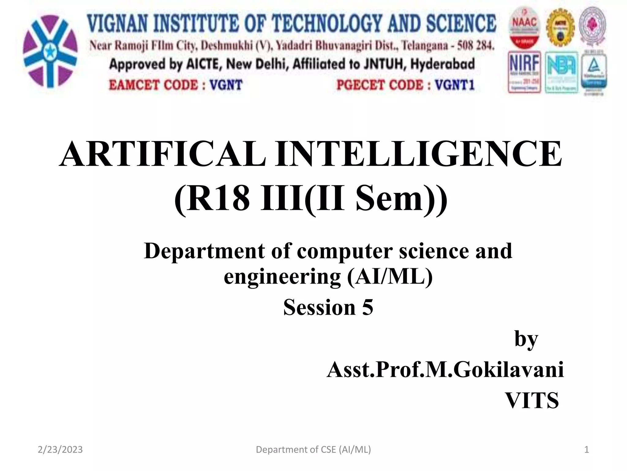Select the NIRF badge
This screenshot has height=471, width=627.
click(x=524, y=72)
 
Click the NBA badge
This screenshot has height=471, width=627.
click(x=561, y=72)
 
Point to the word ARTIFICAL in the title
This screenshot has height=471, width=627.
click(x=162, y=154)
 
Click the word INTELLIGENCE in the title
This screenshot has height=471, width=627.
click(x=418, y=154)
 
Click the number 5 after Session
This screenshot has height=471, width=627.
click(x=367, y=308)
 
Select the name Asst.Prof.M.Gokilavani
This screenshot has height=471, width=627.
click(x=445, y=370)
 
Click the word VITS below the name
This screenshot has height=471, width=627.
click(x=532, y=400)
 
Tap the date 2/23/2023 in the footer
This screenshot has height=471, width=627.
click(x=60, y=450)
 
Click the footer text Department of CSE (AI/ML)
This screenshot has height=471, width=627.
click(x=313, y=450)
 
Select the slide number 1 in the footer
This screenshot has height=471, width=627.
click(x=586, y=450)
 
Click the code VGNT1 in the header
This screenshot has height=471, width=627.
click(x=455, y=85)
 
